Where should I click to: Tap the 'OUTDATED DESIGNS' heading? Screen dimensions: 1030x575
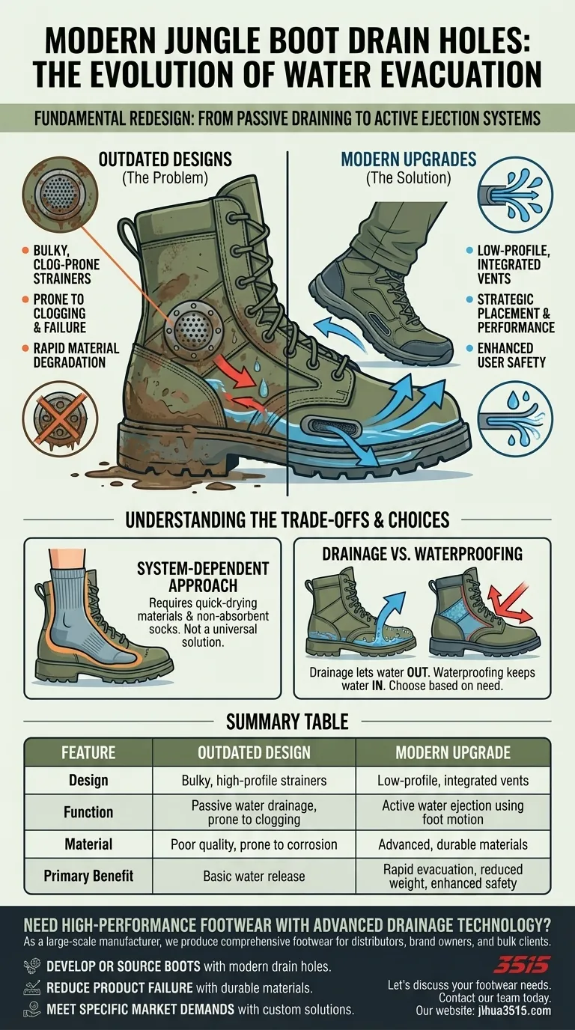point(165,159)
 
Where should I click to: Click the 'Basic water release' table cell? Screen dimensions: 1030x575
point(254,876)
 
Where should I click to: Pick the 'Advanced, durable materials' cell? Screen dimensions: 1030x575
point(453,844)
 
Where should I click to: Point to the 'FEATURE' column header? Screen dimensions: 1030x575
point(88,752)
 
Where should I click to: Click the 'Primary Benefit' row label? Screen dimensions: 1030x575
point(88,876)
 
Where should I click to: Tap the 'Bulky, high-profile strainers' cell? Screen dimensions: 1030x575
point(254,781)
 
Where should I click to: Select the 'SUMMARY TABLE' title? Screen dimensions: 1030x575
point(287,722)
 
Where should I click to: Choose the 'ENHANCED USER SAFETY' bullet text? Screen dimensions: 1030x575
point(511,356)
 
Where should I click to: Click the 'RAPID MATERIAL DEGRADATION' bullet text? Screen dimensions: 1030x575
point(70,356)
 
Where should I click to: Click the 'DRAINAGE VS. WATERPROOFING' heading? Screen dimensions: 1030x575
point(422,555)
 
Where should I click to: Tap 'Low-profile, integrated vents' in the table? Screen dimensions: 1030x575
point(453,781)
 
